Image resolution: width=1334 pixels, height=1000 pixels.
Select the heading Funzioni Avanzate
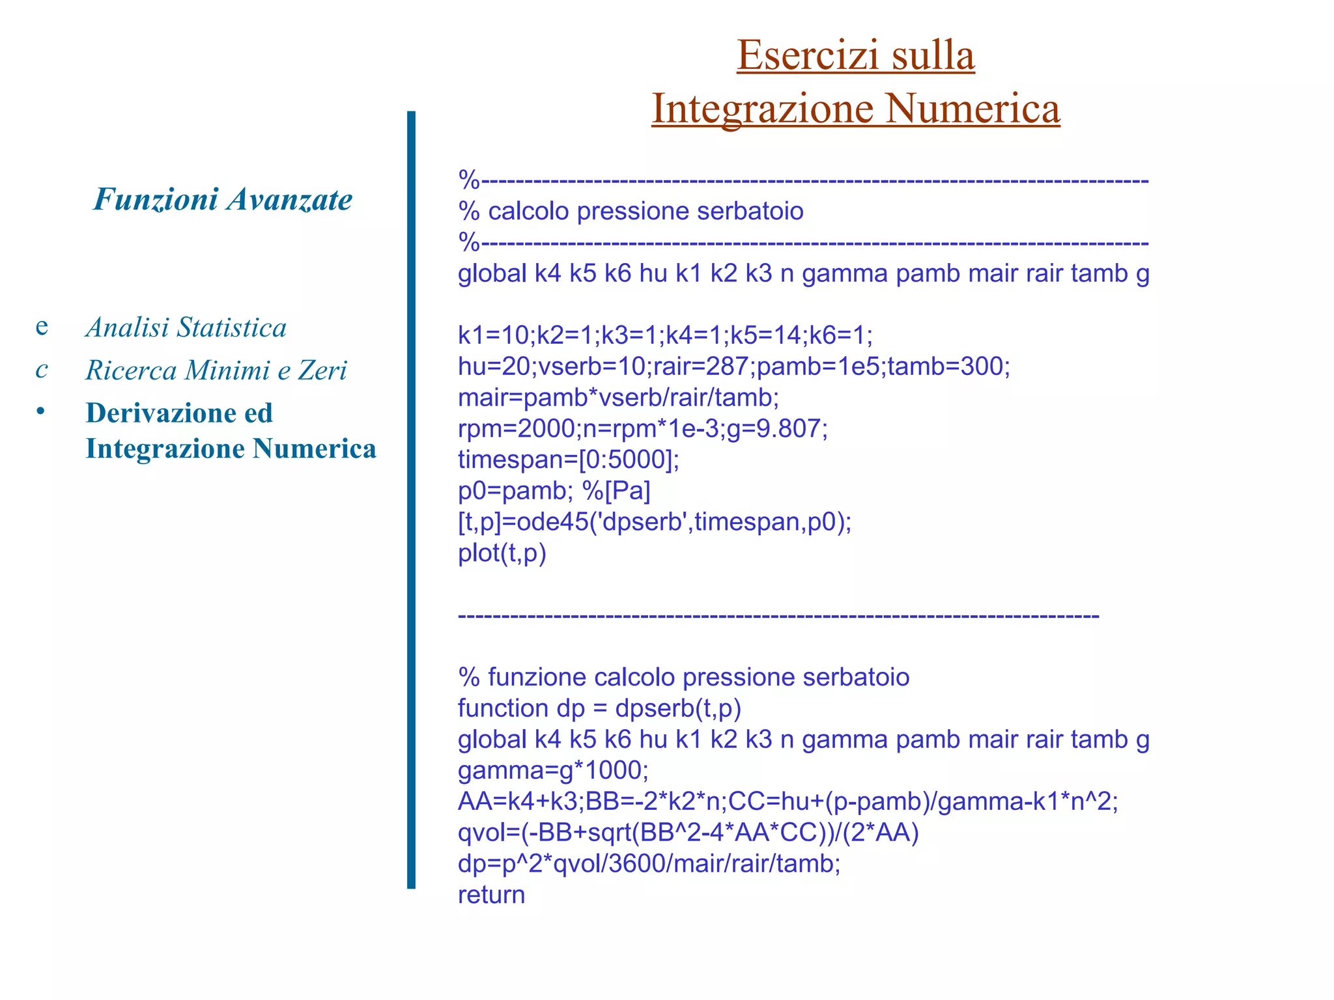click(x=223, y=199)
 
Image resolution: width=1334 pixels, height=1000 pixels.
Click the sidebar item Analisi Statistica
click(x=186, y=327)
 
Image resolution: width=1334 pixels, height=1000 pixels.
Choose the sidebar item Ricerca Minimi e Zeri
click(x=216, y=370)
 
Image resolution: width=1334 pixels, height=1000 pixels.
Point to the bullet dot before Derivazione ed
click(x=41, y=411)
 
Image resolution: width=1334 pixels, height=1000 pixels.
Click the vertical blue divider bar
click(x=411, y=499)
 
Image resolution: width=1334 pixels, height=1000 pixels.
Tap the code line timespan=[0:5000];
click(x=568, y=460)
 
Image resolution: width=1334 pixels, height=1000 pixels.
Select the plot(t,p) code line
click(x=502, y=553)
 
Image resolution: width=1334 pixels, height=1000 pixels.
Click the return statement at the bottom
click(x=491, y=895)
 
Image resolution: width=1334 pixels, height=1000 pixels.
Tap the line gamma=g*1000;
click(x=553, y=771)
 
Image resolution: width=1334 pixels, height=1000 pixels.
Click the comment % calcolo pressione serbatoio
click(x=631, y=212)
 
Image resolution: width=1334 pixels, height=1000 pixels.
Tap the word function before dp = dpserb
click(x=502, y=708)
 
